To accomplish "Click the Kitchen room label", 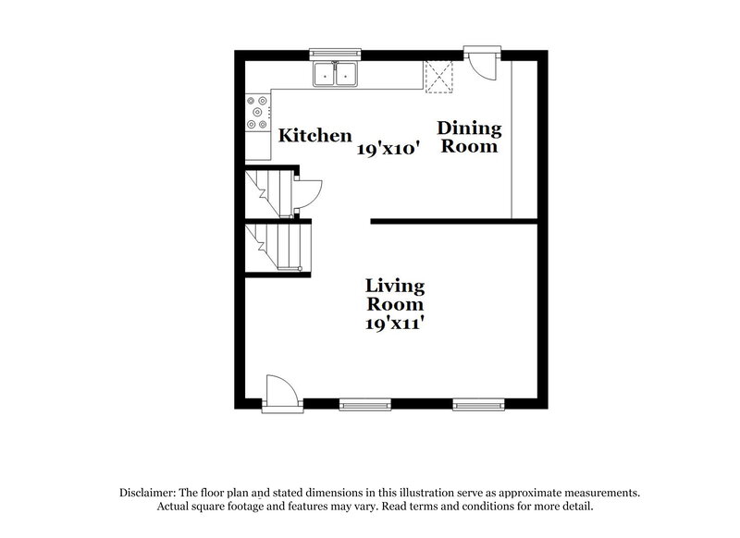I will [315, 135].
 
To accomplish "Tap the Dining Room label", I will [469, 137].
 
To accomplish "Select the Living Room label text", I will [394, 294].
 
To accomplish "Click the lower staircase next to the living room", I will [280, 248].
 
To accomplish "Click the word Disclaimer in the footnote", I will [148, 493].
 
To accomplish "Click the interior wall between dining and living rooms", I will [453, 221].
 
